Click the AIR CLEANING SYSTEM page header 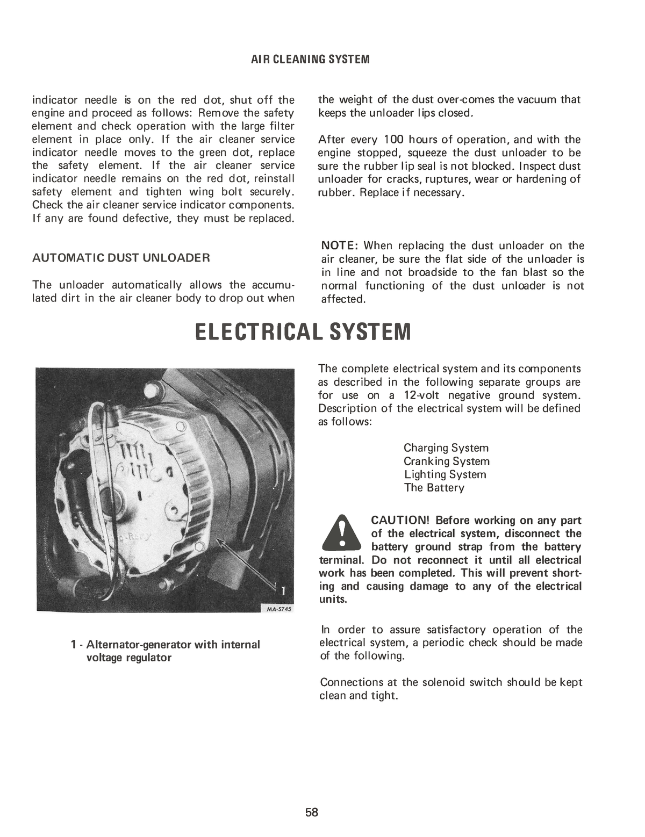tap(310, 59)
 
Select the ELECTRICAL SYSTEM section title tap(303, 332)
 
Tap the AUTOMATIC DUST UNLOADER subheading tap(121, 258)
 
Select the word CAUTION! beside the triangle tap(400, 521)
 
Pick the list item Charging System tap(446, 448)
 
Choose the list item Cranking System tap(447, 461)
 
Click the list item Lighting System tap(445, 475)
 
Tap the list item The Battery tap(434, 488)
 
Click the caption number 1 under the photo tap(74, 644)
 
